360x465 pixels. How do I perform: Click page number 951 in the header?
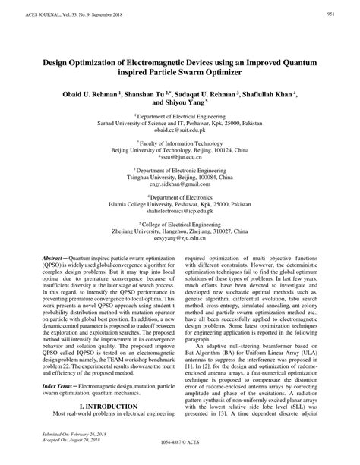332,14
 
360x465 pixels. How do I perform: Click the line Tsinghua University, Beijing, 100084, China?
179,182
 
